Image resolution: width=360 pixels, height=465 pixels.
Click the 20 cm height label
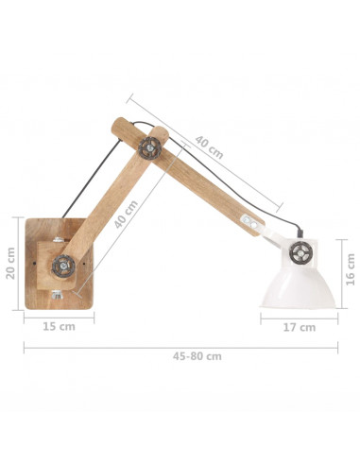point(10,263)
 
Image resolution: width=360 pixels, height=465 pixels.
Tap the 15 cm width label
point(59,327)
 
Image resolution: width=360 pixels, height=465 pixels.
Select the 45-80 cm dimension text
point(197,356)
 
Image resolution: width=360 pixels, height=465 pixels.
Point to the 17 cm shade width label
point(300,327)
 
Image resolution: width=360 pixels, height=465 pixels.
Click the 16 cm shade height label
point(351,269)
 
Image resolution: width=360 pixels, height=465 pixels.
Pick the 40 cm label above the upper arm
point(209,147)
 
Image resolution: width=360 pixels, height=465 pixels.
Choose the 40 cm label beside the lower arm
point(126,215)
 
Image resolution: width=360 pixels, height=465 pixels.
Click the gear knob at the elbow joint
point(150,148)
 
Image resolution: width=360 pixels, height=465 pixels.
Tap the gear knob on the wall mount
point(63,267)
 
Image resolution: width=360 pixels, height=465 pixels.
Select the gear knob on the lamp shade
point(301,252)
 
